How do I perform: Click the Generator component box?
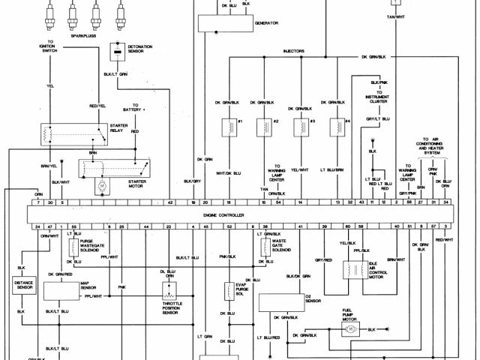tap(225, 22)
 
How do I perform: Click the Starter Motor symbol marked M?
tap(100, 183)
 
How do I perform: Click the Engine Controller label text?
tap(224, 214)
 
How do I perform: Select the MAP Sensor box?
tap(63, 290)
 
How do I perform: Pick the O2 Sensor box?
tap(277, 301)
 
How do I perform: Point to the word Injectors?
tap(294, 51)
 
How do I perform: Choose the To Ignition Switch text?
tap(51, 46)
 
